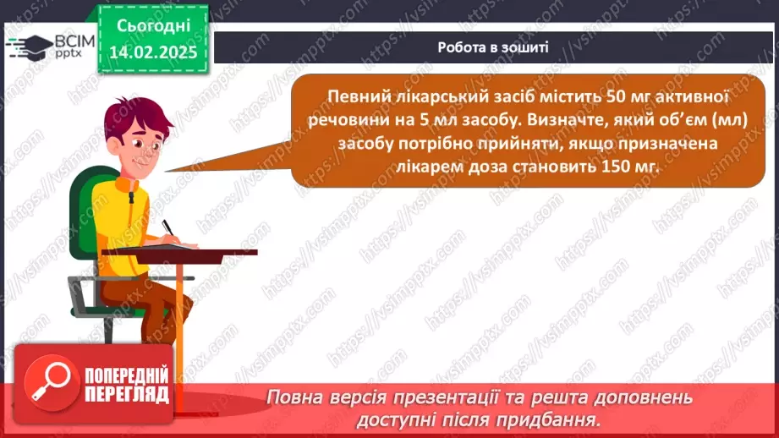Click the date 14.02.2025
coord(153,52)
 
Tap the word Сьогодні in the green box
coord(153,26)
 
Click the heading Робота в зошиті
coord(493,47)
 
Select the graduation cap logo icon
coord(29,47)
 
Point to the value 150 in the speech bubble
coord(615,166)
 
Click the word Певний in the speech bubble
coord(351,96)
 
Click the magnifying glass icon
coord(51,382)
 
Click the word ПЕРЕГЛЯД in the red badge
coord(127,395)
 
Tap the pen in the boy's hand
coord(168,228)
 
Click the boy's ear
coord(114,145)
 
